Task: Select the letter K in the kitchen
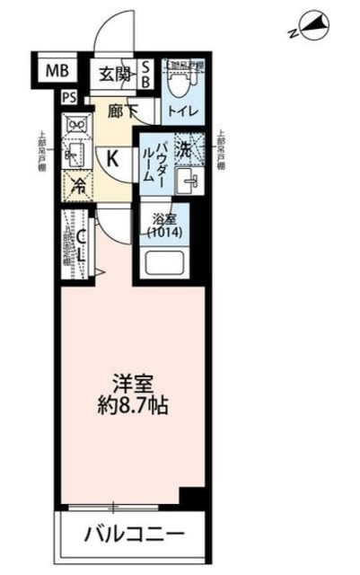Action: [x=114, y=159]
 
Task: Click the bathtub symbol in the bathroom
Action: [x=163, y=263]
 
